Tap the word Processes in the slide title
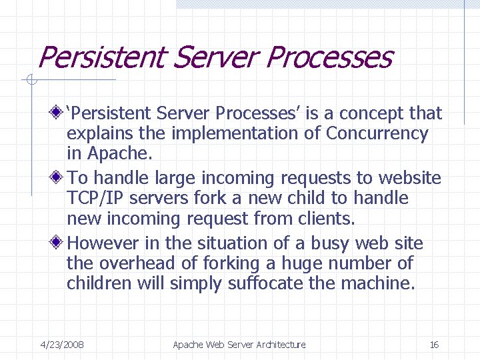[x=328, y=57]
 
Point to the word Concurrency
[x=377, y=133]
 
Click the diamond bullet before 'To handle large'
[x=59, y=178]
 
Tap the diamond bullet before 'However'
[x=59, y=243]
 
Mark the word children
[x=99, y=283]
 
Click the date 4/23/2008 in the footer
[x=62, y=345]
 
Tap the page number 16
[x=434, y=345]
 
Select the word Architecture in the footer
[x=278, y=345]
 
